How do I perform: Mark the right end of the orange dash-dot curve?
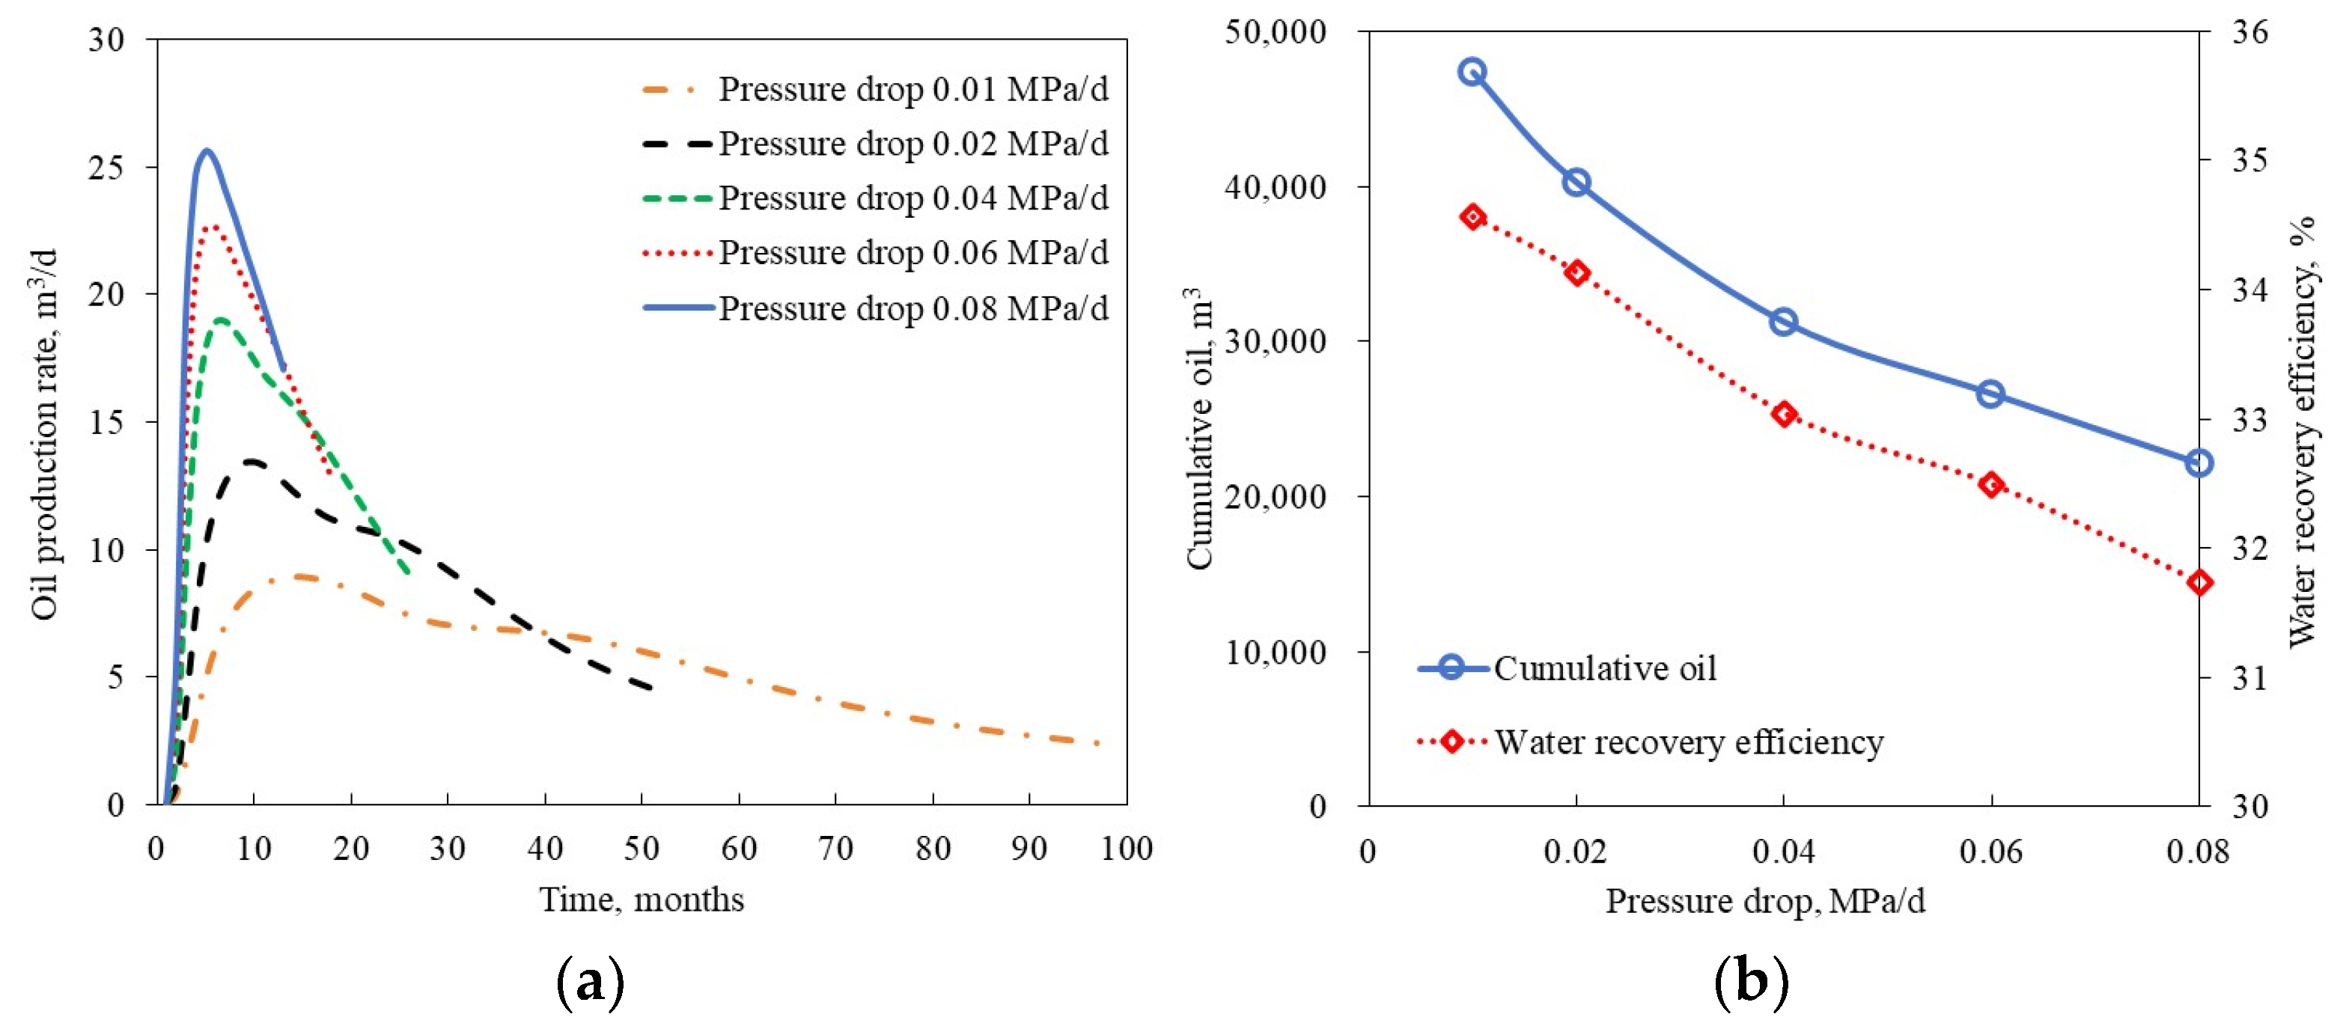(1099, 744)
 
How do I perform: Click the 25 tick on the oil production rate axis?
(108, 168)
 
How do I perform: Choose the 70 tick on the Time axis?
(835, 849)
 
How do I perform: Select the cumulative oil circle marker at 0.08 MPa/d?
(2199, 463)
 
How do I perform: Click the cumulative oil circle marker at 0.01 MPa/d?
(1472, 72)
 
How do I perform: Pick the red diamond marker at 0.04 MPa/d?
(1784, 415)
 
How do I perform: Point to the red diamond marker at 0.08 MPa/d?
(2199, 582)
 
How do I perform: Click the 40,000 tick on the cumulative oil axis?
(1275, 187)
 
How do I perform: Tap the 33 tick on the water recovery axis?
(2249, 420)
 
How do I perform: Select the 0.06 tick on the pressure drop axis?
(1990, 852)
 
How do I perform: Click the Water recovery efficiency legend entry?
(1687, 742)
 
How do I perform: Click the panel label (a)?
(590, 982)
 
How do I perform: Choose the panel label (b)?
(1751, 982)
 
